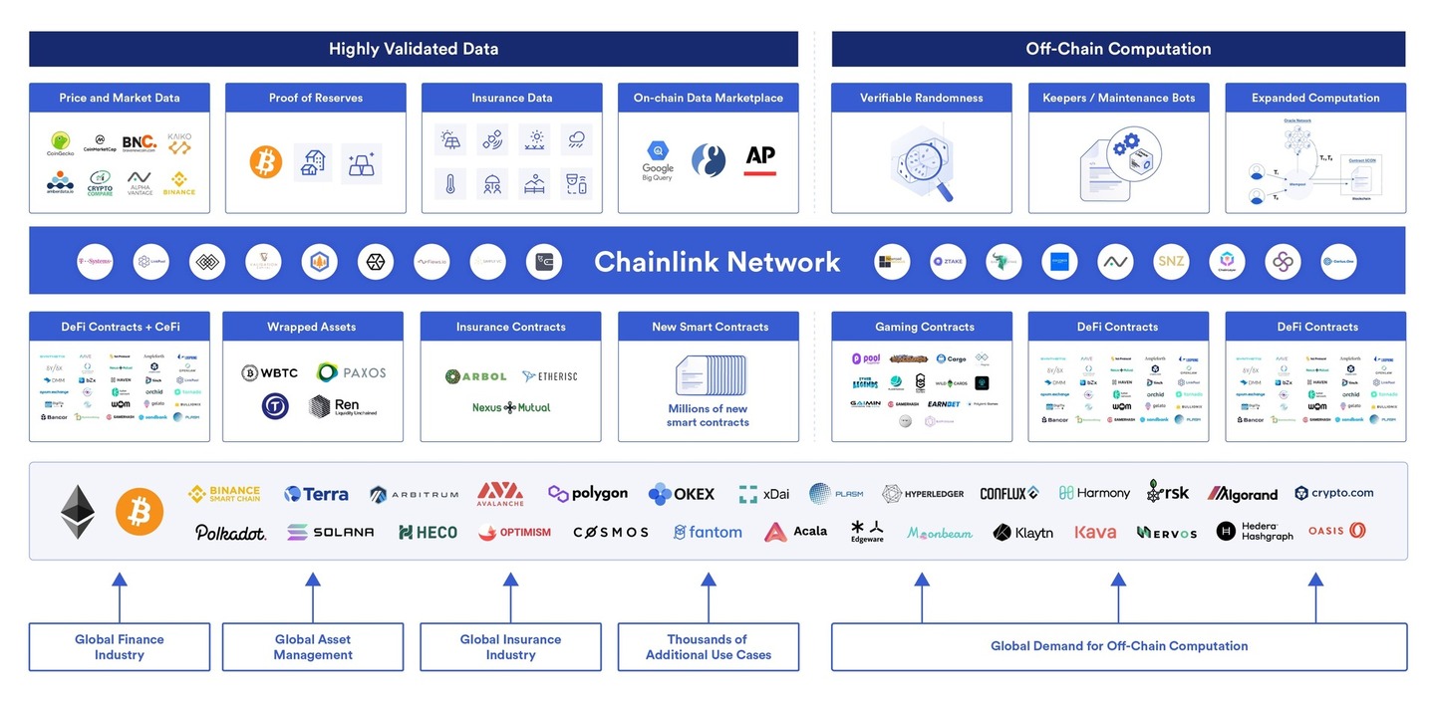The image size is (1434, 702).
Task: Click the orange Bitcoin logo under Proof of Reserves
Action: (x=266, y=162)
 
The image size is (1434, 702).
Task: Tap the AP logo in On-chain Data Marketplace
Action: (x=760, y=159)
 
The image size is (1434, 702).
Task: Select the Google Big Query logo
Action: (x=658, y=161)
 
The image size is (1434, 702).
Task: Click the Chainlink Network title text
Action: (x=717, y=262)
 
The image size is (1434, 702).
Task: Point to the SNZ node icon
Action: (x=1171, y=262)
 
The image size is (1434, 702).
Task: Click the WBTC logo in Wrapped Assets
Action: (x=270, y=373)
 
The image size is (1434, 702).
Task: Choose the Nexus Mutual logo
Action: (x=511, y=407)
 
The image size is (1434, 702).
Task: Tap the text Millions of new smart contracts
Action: (x=709, y=415)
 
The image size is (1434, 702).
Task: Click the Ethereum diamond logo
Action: (x=78, y=512)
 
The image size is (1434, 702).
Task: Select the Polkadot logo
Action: (x=230, y=533)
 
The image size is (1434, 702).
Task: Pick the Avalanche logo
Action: (x=500, y=493)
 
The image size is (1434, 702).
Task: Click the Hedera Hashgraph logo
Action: (x=1255, y=532)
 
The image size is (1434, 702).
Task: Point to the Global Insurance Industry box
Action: (x=510, y=647)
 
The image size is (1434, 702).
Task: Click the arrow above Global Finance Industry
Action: (x=119, y=595)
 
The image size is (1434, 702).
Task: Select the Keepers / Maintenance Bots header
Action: (x=1118, y=98)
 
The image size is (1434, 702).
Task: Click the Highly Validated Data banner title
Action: (x=414, y=49)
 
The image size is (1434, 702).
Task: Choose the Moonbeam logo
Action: (x=940, y=533)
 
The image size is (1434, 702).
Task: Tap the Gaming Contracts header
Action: (x=924, y=327)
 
